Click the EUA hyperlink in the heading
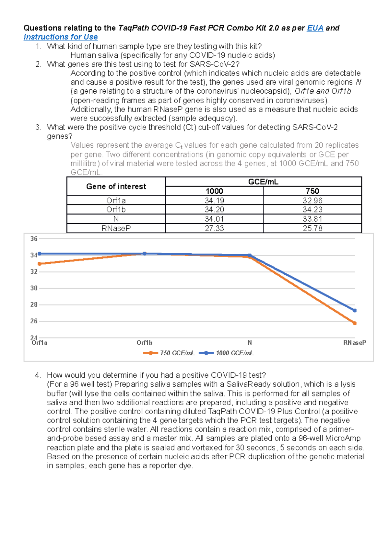click(315, 28)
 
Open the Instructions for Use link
click(61, 37)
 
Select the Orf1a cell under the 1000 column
click(214, 201)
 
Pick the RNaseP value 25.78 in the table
click(312, 228)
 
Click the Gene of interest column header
click(116, 187)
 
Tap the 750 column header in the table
click(312, 191)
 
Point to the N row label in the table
click(116, 219)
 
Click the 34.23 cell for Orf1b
click(312, 210)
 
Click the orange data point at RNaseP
click(355, 323)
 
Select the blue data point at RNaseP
click(355, 311)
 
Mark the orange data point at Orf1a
click(40, 264)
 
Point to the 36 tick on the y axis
click(34, 239)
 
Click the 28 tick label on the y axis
click(34, 305)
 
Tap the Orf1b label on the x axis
click(144, 343)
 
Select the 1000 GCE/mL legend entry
click(234, 353)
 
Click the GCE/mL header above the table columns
click(263, 182)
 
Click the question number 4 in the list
click(38, 375)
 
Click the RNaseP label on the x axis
click(354, 343)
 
